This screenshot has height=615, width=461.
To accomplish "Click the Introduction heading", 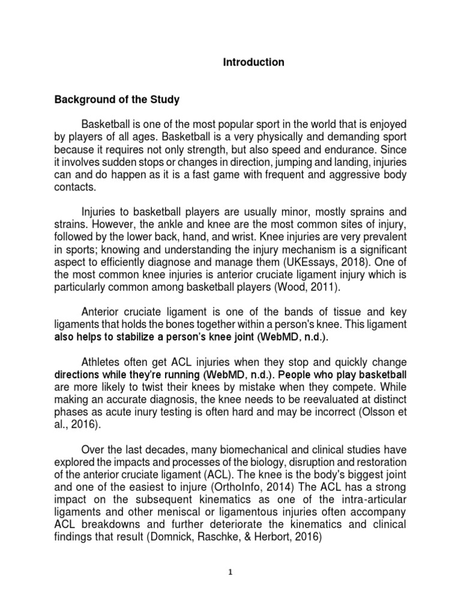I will pyautogui.click(x=254, y=62).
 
